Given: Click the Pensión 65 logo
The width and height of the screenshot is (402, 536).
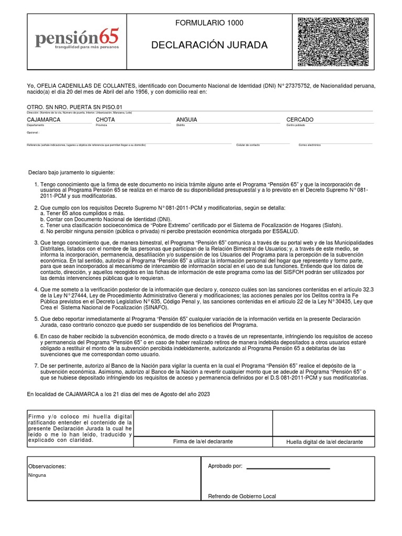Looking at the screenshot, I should [77, 39].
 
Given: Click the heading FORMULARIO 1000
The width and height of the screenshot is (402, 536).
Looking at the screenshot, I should [209, 23].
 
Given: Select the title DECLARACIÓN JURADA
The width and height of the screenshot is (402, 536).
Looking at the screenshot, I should [209, 46].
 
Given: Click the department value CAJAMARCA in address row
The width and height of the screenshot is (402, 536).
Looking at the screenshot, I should [43, 120].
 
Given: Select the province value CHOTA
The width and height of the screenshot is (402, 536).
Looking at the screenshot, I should [105, 120].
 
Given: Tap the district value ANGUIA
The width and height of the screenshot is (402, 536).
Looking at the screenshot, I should [187, 120].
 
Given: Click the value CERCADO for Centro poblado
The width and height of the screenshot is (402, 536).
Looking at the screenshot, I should [300, 120].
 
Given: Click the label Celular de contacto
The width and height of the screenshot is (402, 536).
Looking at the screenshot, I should [248, 144].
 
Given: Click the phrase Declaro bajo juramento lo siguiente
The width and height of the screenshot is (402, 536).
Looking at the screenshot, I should [71, 173].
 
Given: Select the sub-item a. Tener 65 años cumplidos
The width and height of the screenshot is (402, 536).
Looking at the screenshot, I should [82, 214].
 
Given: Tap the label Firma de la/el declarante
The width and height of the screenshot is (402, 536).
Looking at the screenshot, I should [203, 442].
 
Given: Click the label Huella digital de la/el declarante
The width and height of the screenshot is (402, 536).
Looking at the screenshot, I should [324, 442].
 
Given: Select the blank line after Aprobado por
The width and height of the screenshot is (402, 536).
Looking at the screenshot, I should [288, 467].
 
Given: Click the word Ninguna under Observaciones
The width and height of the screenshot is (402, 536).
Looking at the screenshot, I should [37, 475].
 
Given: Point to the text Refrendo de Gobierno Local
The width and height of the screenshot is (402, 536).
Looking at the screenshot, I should [242, 496].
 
